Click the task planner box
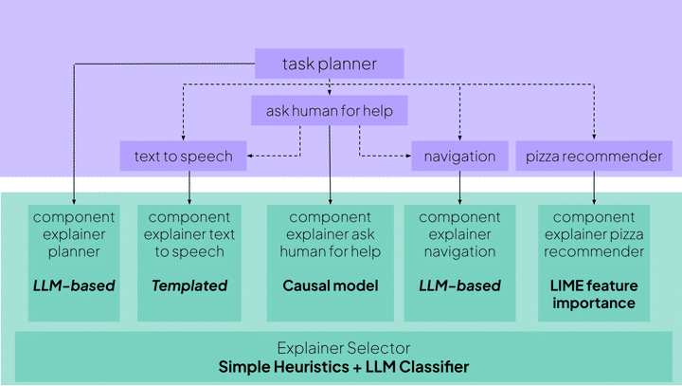(x=330, y=64)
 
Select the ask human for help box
(x=330, y=112)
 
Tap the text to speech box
(x=184, y=156)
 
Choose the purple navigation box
(x=459, y=156)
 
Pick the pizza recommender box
(x=594, y=156)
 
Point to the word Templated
(x=189, y=285)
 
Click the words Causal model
(x=330, y=285)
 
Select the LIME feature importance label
(x=595, y=294)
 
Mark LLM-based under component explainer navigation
(x=459, y=285)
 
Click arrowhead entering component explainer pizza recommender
(x=595, y=202)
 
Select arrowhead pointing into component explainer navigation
(x=459, y=202)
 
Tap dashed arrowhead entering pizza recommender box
(x=594, y=138)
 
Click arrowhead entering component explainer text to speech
(x=189, y=202)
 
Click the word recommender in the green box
(x=595, y=251)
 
